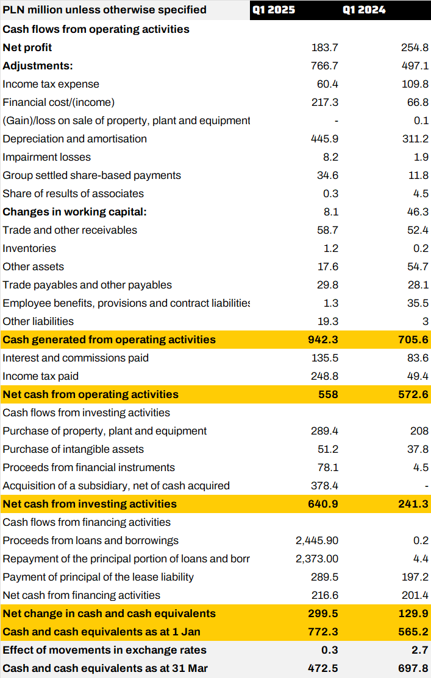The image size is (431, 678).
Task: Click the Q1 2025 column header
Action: click(x=274, y=10)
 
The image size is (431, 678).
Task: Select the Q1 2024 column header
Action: click(x=364, y=10)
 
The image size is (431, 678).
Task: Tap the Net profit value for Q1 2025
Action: click(x=325, y=47)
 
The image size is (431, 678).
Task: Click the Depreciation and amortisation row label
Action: click(x=74, y=139)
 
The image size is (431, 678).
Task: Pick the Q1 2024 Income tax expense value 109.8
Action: click(x=415, y=84)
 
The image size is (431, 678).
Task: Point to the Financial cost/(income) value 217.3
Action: click(x=325, y=102)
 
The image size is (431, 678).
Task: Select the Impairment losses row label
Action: click(x=46, y=157)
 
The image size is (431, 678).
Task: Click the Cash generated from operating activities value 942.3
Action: click(x=323, y=340)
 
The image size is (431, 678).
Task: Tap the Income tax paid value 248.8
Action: click(x=324, y=376)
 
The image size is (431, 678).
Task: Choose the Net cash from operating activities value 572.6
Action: click(x=414, y=394)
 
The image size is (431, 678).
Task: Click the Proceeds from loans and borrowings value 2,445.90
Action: click(x=317, y=540)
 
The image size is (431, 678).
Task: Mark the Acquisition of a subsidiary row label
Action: click(x=116, y=486)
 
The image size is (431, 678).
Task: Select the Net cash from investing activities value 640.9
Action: click(x=323, y=504)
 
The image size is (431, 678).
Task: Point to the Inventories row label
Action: click(x=29, y=248)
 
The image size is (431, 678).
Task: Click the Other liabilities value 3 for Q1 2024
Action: click(x=425, y=321)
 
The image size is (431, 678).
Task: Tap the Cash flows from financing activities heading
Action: click(x=87, y=522)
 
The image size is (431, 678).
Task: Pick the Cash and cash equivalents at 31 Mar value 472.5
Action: click(x=323, y=668)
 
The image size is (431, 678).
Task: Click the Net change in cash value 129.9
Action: click(x=414, y=613)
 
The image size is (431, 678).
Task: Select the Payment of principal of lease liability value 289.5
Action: click(x=324, y=577)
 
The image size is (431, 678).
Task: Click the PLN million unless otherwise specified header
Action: click(x=104, y=10)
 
